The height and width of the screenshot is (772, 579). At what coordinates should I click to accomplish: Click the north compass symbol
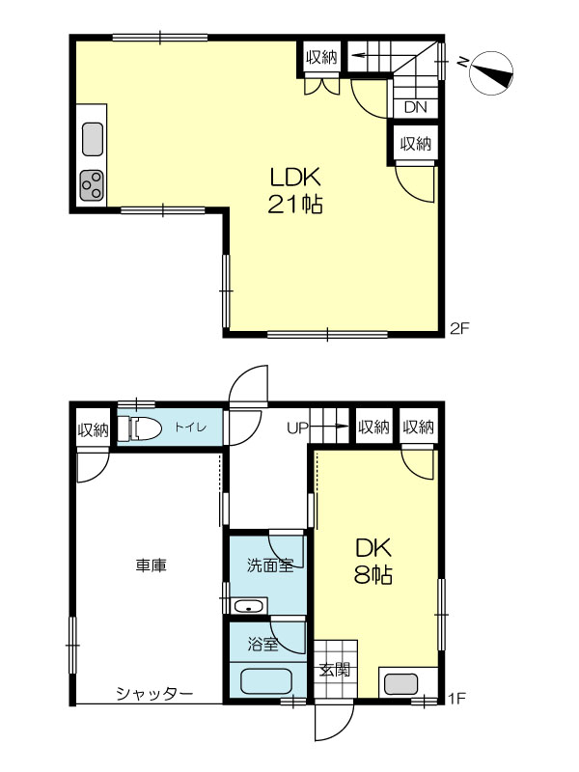(491, 73)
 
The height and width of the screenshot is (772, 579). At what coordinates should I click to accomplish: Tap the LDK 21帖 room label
(295, 190)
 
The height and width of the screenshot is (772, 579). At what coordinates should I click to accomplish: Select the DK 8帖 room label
(373, 561)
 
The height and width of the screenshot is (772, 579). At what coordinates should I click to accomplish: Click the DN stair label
(415, 108)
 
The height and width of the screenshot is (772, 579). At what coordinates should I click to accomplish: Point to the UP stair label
(297, 427)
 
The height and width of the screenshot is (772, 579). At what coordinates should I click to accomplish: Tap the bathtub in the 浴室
(267, 681)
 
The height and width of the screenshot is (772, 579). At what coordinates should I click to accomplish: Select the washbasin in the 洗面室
(250, 606)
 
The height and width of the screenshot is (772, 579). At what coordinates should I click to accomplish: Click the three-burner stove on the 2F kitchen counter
(92, 185)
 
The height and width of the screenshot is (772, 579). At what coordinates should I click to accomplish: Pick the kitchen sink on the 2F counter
(93, 139)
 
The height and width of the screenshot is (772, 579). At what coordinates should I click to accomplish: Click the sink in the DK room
(400, 684)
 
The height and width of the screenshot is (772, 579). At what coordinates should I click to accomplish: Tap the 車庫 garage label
(152, 565)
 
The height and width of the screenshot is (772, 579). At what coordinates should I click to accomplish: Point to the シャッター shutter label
(154, 694)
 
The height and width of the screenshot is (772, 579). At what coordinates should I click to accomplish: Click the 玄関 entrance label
(335, 670)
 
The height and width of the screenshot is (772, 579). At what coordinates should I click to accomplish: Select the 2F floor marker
(460, 328)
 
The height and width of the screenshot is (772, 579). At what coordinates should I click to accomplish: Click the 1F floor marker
(457, 698)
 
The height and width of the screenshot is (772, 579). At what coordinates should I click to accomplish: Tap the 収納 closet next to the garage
(93, 428)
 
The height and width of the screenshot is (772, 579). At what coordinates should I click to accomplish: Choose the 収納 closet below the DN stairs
(416, 144)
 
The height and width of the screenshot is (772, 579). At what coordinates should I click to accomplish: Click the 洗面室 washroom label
(270, 565)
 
